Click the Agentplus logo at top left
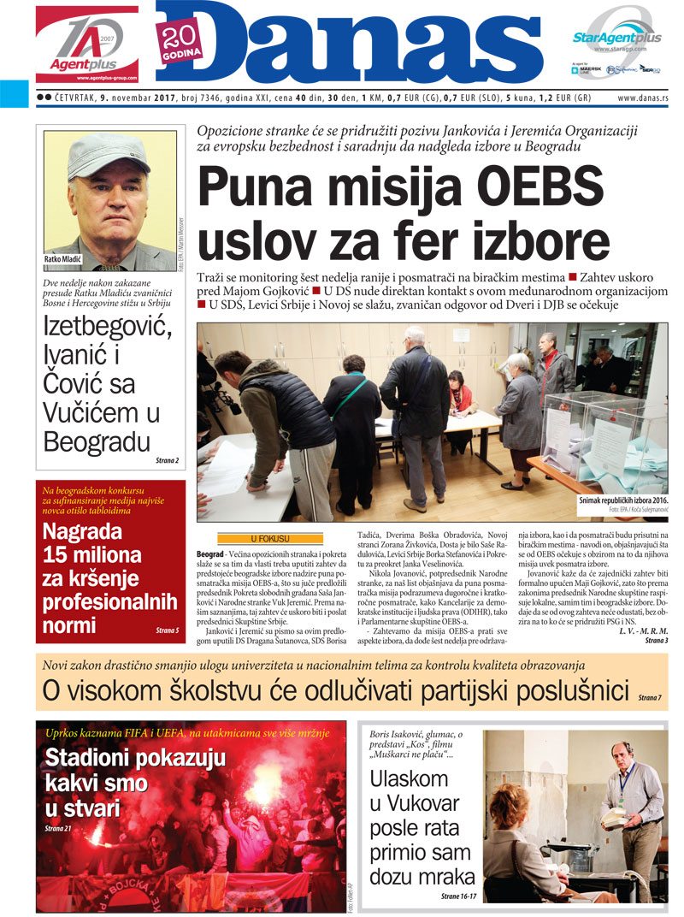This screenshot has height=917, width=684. [x=86, y=43]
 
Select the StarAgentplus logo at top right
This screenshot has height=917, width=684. [x=616, y=38]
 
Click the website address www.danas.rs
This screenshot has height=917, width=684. [x=642, y=98]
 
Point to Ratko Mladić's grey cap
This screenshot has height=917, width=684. [x=107, y=153]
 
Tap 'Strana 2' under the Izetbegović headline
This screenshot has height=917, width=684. [x=167, y=461]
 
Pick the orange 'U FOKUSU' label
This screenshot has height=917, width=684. [x=269, y=539]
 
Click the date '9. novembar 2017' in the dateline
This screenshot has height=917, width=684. [x=136, y=98]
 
